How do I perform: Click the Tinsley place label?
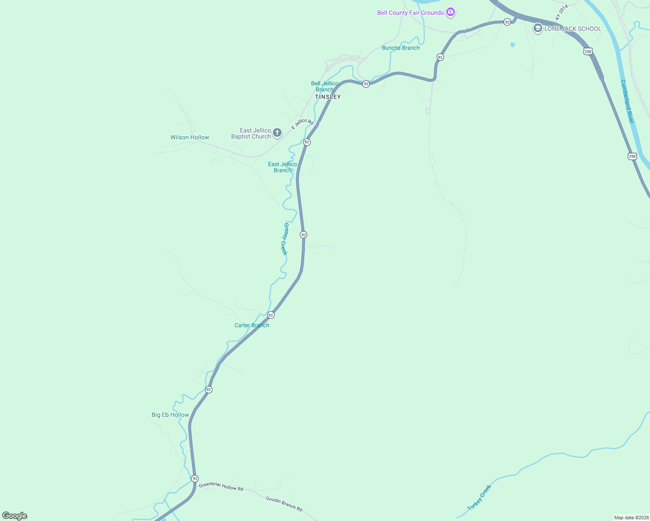point(328,97)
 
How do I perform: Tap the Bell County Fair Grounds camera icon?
point(451,12)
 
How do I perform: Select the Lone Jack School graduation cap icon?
point(537,29)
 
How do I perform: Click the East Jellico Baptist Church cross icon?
point(277,133)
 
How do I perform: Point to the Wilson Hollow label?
point(189,137)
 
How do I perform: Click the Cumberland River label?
point(627,102)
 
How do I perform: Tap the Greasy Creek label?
point(285,239)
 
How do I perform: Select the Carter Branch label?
point(252,325)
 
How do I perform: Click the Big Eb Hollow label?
point(170,415)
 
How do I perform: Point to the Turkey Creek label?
point(479,498)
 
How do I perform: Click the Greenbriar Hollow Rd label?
point(221,487)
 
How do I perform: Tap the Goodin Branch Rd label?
point(284,504)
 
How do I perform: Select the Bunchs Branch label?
point(401,48)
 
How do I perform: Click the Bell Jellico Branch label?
point(325,86)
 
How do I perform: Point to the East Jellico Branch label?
point(282,167)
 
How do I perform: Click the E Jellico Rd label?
point(302,124)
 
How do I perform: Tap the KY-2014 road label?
point(561,12)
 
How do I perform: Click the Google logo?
point(15,516)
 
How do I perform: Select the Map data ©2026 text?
point(631,518)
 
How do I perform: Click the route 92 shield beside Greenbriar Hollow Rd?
point(195,478)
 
